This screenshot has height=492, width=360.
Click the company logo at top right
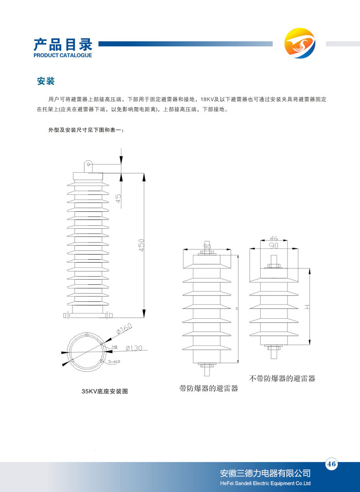pyautogui.click(x=299, y=44)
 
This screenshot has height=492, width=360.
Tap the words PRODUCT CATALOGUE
pyautogui.click(x=62, y=55)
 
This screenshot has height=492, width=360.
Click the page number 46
pyautogui.click(x=331, y=464)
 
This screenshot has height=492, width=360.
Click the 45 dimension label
pyautogui.click(x=118, y=198)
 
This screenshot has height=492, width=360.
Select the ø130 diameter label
pyautogui.click(x=134, y=348)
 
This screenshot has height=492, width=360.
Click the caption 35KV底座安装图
pyautogui.click(x=104, y=391)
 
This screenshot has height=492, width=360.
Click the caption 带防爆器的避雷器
pyautogui.click(x=209, y=388)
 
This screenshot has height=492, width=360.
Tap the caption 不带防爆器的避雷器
pyautogui.click(x=282, y=378)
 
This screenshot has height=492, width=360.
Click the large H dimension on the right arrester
pyautogui.click(x=307, y=307)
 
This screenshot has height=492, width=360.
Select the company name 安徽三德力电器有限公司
pyautogui.click(x=265, y=473)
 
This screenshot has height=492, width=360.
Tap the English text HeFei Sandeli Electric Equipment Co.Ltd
pyautogui.click(x=265, y=484)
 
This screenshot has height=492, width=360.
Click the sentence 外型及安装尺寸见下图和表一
pyautogui.click(x=85, y=130)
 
